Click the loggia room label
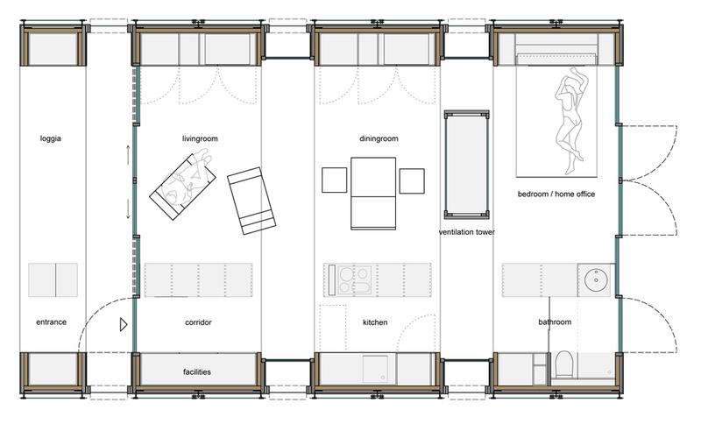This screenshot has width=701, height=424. (x=51, y=138)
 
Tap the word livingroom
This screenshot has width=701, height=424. (x=200, y=138)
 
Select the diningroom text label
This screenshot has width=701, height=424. (x=379, y=138)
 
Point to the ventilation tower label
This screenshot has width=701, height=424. (x=467, y=232)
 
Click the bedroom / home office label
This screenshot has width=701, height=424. (x=556, y=194)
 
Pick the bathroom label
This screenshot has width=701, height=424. (x=555, y=322)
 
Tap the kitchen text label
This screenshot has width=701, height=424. (x=375, y=322)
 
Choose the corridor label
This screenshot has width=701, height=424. (x=198, y=322)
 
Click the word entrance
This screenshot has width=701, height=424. (x=51, y=322)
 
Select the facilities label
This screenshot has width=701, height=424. (x=196, y=371)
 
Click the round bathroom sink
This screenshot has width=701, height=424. (x=598, y=279)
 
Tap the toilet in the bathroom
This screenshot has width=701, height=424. (x=563, y=364)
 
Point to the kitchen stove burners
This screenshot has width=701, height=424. (x=355, y=280)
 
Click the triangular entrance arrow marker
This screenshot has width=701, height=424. (x=124, y=324)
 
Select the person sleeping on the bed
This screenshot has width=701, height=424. (x=570, y=120)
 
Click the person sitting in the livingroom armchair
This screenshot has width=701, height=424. (x=188, y=180)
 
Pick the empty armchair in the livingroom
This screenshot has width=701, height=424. (x=251, y=201)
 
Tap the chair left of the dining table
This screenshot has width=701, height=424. (x=335, y=180)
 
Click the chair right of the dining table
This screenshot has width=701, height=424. (x=412, y=181)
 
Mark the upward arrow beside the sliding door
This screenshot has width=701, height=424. (x=128, y=154)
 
